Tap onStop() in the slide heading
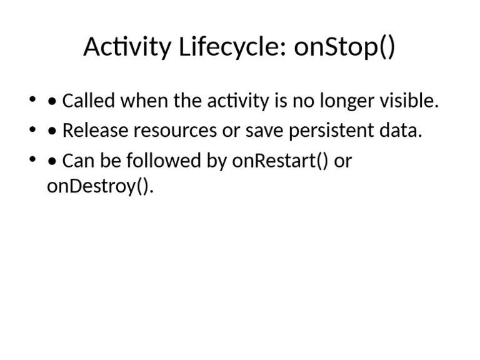[344, 47]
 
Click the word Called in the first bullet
[89, 101]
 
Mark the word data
[401, 131]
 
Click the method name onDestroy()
[100, 186]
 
